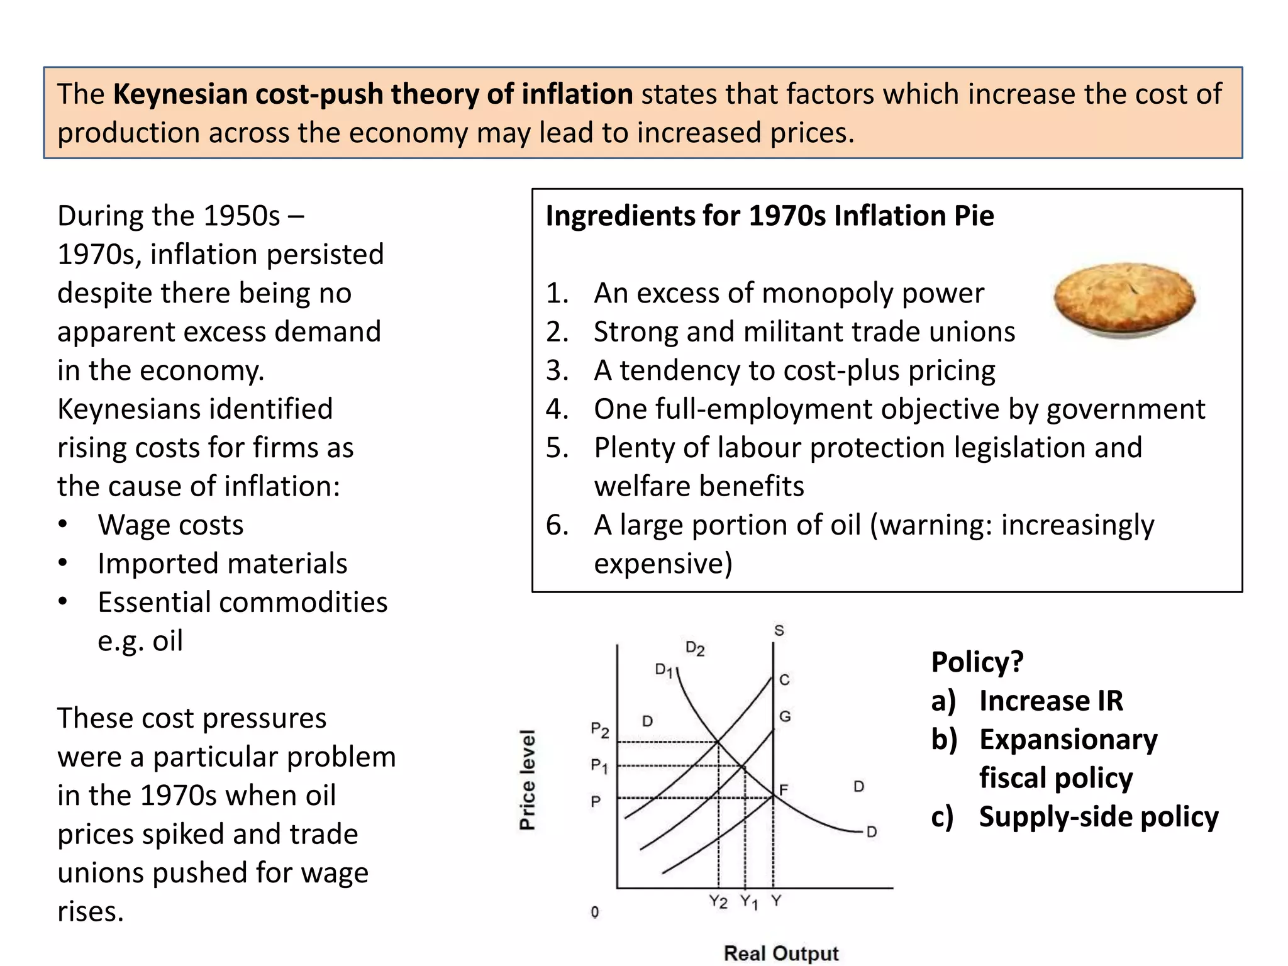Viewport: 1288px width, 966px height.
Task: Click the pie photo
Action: click(1124, 301)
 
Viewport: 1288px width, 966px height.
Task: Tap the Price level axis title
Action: click(528, 780)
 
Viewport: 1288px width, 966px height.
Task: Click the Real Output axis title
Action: click(781, 953)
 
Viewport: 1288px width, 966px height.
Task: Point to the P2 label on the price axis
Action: click(600, 730)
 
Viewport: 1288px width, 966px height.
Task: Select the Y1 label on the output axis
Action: click(748, 902)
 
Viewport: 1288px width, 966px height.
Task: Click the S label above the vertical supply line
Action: click(779, 630)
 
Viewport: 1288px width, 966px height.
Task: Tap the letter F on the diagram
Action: click(784, 789)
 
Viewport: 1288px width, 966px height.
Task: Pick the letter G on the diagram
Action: click(785, 716)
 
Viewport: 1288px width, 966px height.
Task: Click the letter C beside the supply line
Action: click(784, 680)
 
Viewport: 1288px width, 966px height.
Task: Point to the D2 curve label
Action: click(695, 648)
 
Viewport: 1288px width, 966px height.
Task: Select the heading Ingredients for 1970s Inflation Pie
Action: click(770, 216)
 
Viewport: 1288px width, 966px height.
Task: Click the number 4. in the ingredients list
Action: click(557, 409)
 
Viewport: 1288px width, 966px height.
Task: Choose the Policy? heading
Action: click(977, 662)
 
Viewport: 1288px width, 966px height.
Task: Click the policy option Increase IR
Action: click(1051, 701)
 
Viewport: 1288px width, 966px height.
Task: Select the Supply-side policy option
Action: click(1098, 817)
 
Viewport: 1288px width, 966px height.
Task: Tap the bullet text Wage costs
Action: click(170, 525)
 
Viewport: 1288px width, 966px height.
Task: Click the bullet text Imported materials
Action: click(222, 563)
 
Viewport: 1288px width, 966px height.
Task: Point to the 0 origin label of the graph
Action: click(595, 912)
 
